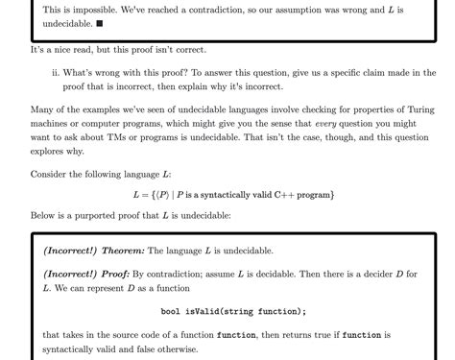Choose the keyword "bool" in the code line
click(x=170, y=311)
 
